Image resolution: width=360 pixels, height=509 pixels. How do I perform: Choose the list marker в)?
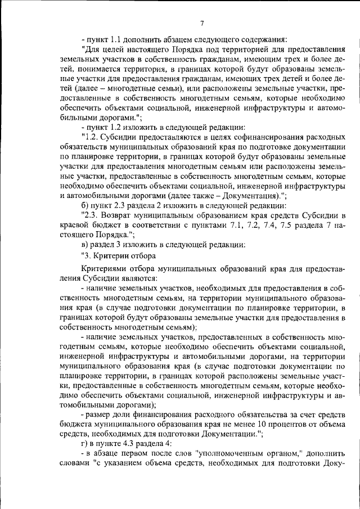coord(85,244)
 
